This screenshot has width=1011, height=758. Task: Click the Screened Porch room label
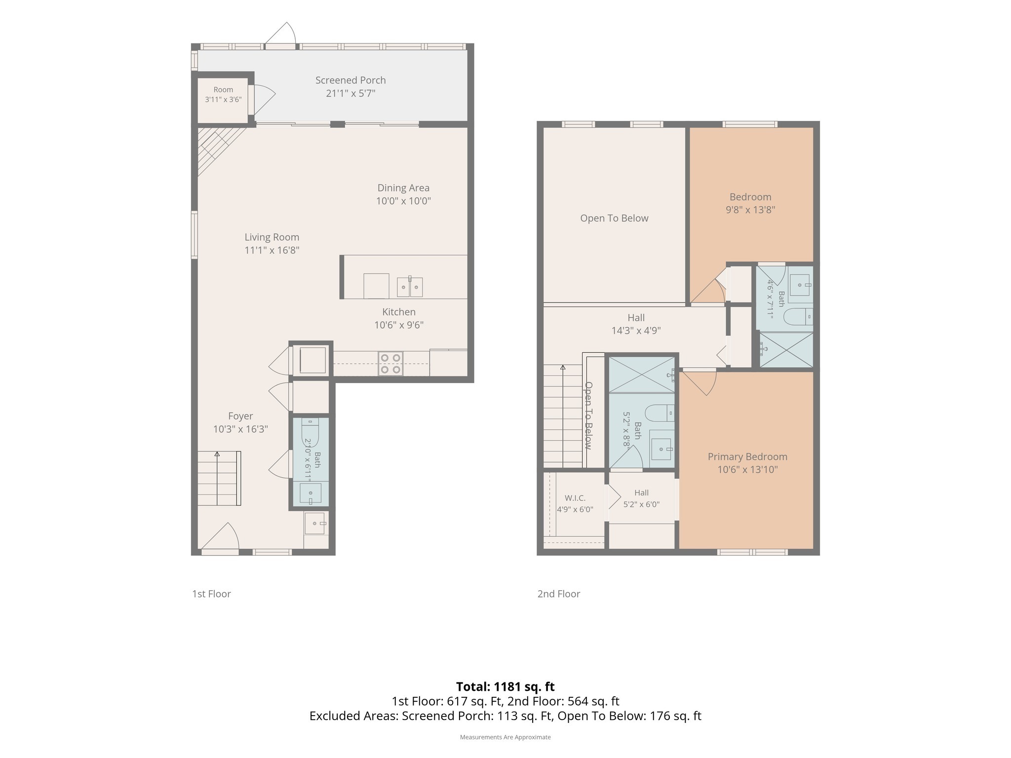350,80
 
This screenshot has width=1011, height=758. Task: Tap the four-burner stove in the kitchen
390,364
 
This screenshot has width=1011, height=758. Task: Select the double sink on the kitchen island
410,287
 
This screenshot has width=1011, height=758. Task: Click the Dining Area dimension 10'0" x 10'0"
403,201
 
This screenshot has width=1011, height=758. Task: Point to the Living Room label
272,237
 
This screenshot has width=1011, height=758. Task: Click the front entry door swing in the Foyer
221,536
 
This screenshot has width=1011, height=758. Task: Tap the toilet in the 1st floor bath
310,432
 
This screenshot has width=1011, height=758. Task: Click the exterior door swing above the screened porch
280,33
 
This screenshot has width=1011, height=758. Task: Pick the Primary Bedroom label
747,456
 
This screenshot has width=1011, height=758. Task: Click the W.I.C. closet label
575,498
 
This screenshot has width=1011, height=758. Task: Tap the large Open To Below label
614,218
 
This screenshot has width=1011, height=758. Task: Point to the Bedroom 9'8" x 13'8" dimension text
750,210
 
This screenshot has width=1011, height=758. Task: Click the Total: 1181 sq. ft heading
505,686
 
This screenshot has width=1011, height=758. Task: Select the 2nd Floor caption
559,594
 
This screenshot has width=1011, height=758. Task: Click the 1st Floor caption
211,594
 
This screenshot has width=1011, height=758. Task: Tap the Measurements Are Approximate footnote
505,737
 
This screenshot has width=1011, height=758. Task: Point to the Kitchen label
399,312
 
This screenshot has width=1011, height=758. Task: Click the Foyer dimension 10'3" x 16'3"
240,429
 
